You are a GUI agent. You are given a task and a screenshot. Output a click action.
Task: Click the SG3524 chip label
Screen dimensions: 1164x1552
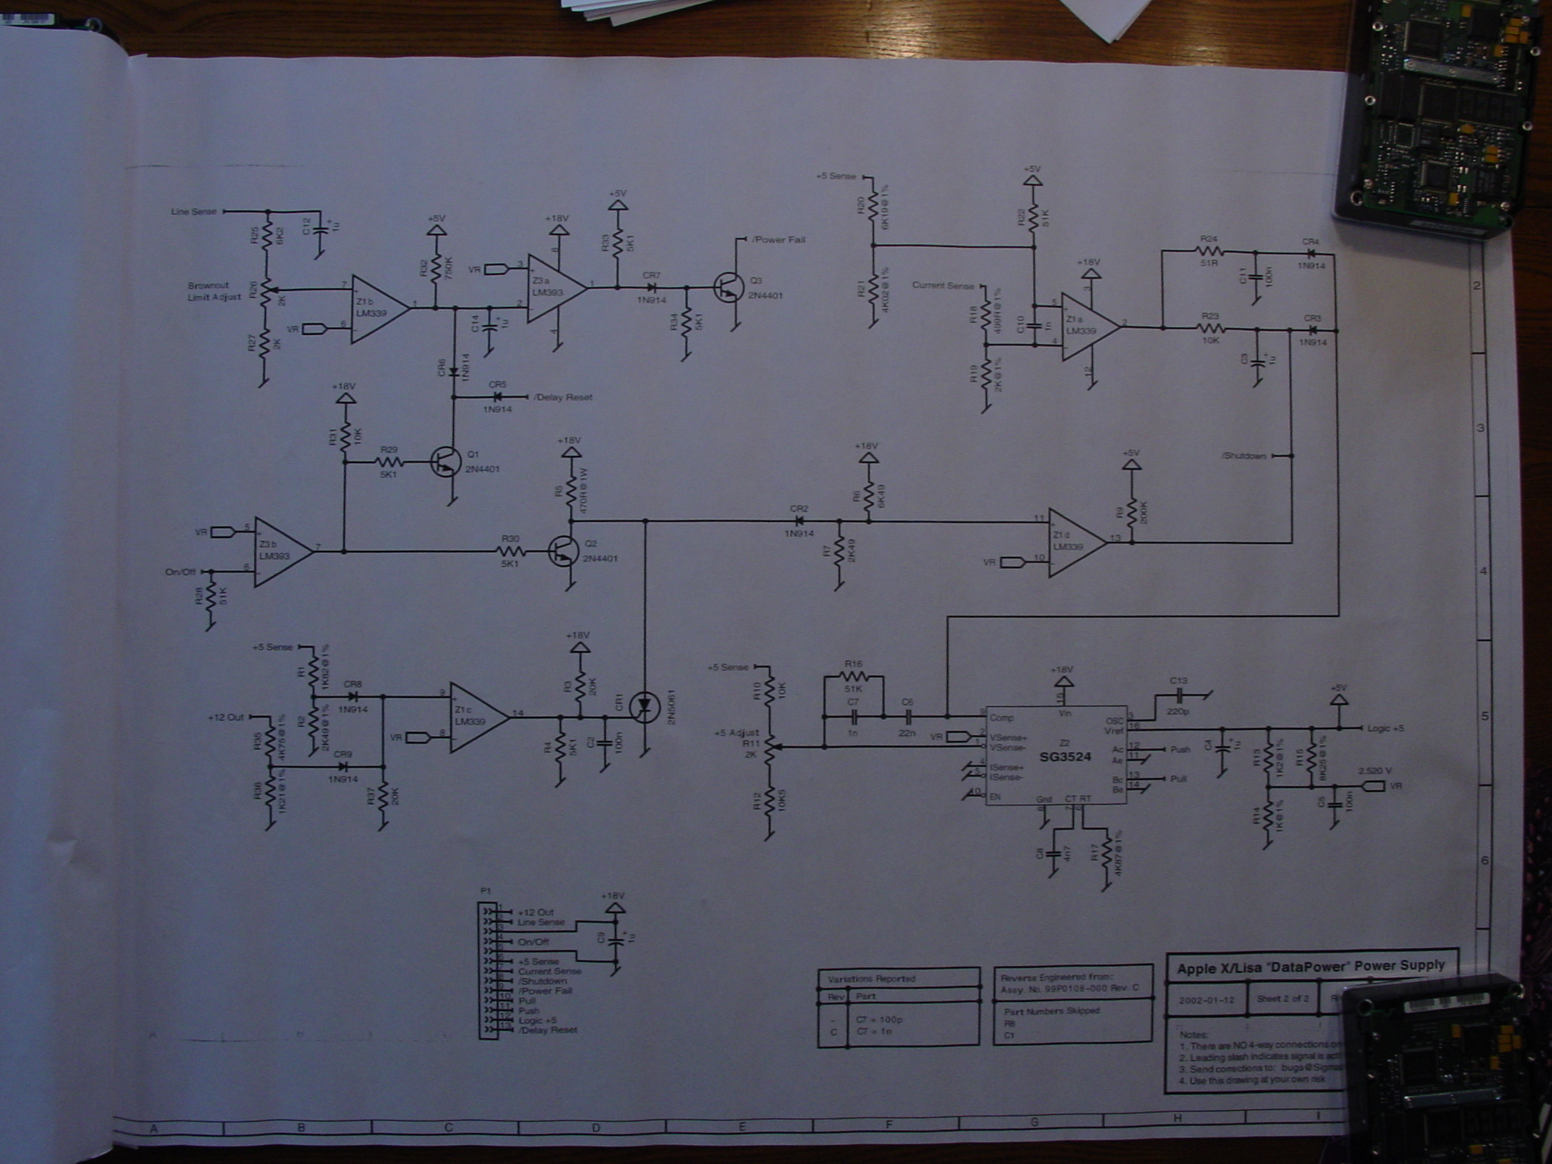[1065, 756]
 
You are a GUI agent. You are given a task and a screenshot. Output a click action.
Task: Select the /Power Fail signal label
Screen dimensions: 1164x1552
[778, 240]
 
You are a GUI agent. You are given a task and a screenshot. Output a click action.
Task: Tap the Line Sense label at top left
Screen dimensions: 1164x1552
[193, 212]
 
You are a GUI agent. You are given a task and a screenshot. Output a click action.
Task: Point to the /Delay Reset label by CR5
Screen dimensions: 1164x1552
[563, 397]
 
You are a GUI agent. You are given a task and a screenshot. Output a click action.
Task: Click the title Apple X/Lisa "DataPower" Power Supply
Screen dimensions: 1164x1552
[1310, 966]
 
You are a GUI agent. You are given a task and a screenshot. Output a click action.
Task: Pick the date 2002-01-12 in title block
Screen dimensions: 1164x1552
[1206, 1000]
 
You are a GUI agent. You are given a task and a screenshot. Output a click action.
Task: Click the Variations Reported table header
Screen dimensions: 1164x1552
[871, 978]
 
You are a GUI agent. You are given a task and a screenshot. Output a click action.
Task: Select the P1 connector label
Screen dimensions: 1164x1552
[486, 892]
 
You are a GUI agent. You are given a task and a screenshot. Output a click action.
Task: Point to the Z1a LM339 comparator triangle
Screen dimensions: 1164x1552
[1088, 327]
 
